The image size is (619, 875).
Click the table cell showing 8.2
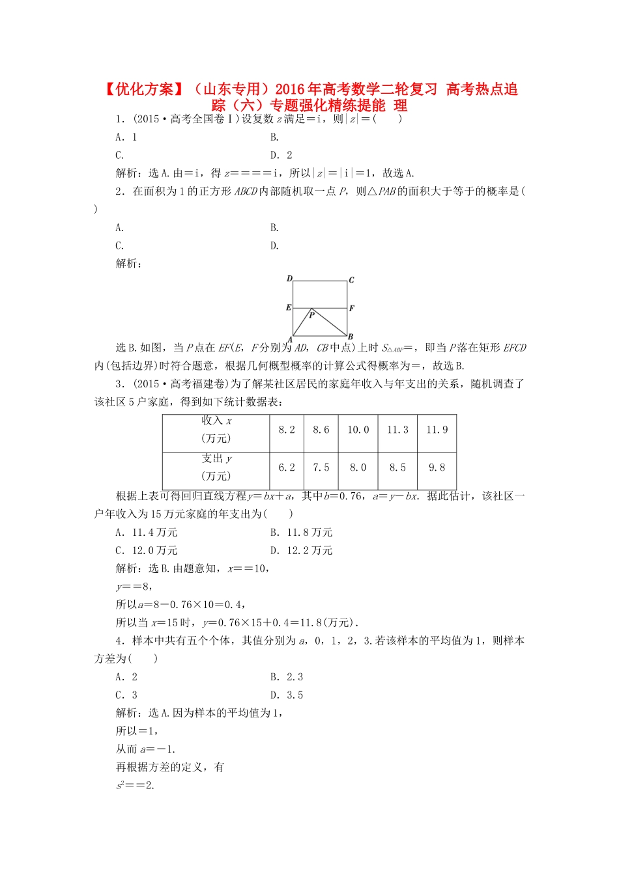point(287,430)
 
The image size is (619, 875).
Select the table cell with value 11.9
point(437,430)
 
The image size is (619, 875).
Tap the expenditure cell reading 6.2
point(287,468)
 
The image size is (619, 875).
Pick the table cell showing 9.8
point(437,468)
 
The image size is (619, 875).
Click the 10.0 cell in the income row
point(358,430)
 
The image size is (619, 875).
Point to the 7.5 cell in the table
point(321,468)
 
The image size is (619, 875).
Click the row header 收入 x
point(216,430)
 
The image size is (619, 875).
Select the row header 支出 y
point(216,467)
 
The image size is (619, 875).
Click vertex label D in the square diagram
point(289,279)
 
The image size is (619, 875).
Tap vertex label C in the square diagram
point(351,281)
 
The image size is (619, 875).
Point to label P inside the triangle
point(311,315)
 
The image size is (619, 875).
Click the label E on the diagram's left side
point(289,307)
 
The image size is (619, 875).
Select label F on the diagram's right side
point(351,308)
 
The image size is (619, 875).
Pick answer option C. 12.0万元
point(146,551)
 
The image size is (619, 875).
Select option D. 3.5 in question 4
point(287,695)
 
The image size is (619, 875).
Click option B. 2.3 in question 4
point(287,677)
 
